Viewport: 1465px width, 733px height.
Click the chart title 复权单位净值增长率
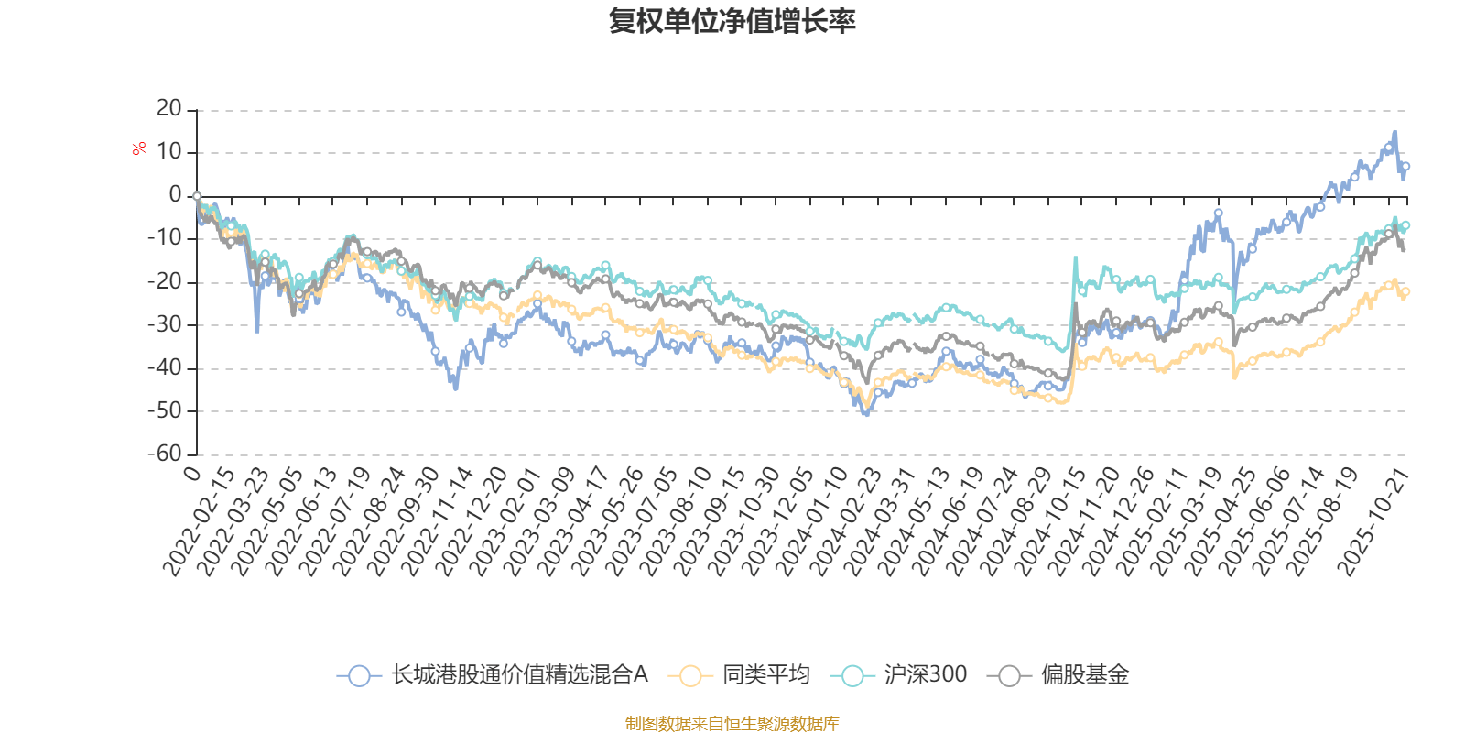pos(732,21)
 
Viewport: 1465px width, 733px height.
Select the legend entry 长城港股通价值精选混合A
pos(494,676)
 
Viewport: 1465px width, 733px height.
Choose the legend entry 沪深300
pos(899,676)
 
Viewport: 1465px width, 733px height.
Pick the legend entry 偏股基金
pos(1059,676)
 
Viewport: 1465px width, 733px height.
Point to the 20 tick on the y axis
pos(169,109)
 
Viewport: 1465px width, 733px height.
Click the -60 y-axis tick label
pos(165,454)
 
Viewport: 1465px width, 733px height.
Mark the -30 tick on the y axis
pos(165,324)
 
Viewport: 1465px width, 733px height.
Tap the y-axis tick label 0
pos(176,195)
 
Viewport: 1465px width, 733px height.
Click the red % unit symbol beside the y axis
pos(139,149)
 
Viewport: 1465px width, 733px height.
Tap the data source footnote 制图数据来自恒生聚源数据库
pos(732,724)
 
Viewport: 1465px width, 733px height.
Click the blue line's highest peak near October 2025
pos(1394,132)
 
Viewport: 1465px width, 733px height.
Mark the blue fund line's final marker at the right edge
pos(1405,167)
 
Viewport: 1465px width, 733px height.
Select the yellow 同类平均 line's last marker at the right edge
pos(1405,292)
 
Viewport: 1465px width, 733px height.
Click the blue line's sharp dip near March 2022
pos(257,330)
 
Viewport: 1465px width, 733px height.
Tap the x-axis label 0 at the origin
pos(190,473)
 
